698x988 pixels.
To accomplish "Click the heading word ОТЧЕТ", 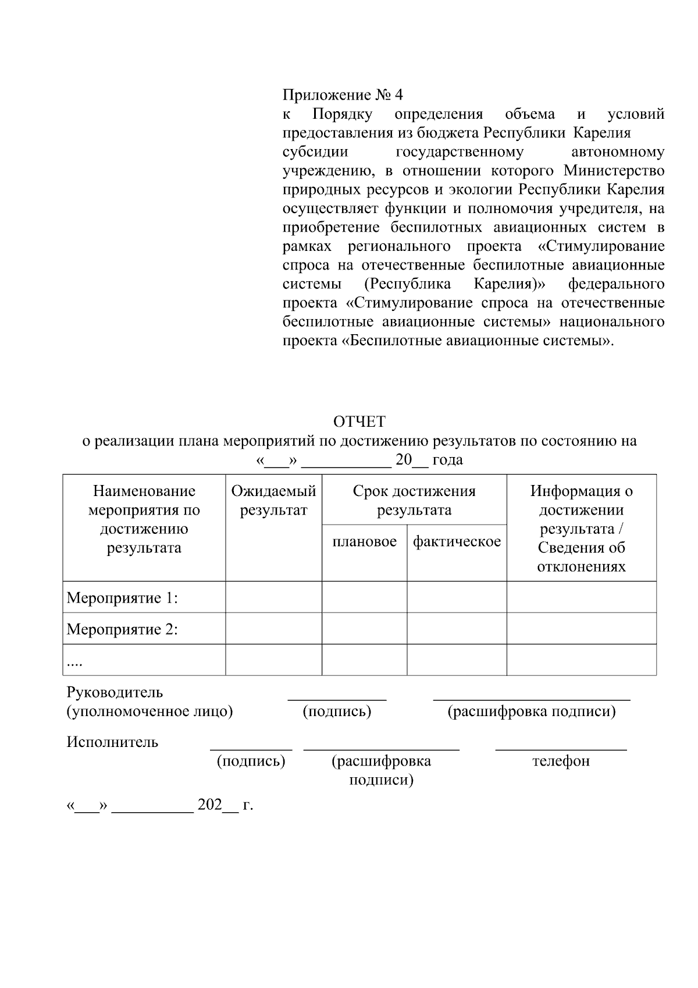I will point(359,422).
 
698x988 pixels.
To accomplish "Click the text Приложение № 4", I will point(343,95).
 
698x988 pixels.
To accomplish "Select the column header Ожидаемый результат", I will point(273,501).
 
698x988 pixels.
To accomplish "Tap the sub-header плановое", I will point(364,541).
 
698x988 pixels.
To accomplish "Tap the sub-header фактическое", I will point(457,541).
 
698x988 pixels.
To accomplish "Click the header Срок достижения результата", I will point(414,501).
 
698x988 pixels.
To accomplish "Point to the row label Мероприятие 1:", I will point(122,598).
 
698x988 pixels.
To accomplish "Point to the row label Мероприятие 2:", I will point(122,629).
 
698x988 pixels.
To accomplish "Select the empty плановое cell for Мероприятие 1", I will point(364,597).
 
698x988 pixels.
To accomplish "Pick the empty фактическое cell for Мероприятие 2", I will point(457,628).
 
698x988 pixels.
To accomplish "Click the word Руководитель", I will point(115,692).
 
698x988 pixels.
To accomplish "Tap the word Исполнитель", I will point(112,742).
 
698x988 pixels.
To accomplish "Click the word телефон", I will point(561,761).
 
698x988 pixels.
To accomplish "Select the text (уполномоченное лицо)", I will point(149,711).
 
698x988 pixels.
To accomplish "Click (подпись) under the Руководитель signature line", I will point(337,711).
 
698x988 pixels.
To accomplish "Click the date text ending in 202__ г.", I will point(160,805).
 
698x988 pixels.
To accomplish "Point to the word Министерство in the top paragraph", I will point(614,171).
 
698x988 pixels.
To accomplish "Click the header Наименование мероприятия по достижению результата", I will point(144,519).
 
